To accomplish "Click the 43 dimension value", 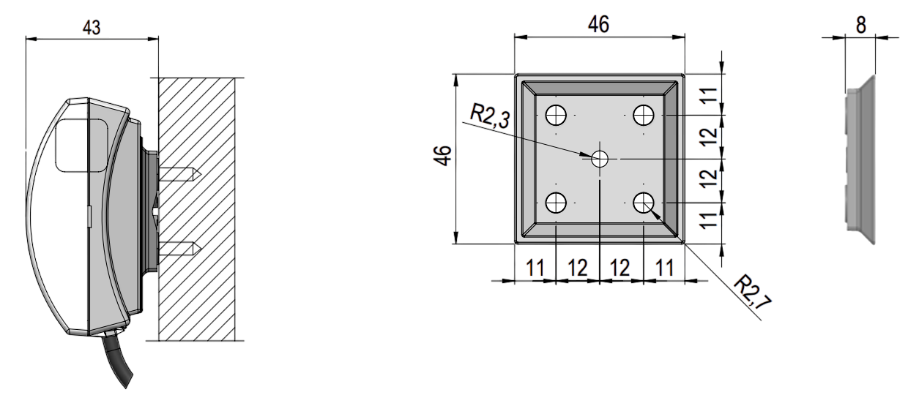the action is [x=92, y=28].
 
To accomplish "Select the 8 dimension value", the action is [x=861, y=25].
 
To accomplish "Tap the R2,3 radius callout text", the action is [x=490, y=116].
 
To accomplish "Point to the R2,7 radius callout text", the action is [x=753, y=292].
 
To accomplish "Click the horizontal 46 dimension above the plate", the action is [x=599, y=24].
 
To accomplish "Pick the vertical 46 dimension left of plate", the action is [x=442, y=156].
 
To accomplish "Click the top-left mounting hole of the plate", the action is [x=556, y=115].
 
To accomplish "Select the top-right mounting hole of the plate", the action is [x=644, y=115].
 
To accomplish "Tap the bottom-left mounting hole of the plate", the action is [x=556, y=203].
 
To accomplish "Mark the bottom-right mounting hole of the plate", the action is [x=644, y=203].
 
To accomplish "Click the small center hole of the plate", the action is [x=600, y=159].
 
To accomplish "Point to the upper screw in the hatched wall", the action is [x=179, y=174].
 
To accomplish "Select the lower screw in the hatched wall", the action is [x=179, y=249].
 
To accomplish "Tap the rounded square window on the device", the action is [x=81, y=146].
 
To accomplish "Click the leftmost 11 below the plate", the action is [x=535, y=268].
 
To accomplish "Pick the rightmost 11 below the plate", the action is [x=665, y=268].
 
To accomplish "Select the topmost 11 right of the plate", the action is [x=709, y=96].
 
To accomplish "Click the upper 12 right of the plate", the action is [x=709, y=137].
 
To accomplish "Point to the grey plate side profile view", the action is [x=861, y=159].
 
